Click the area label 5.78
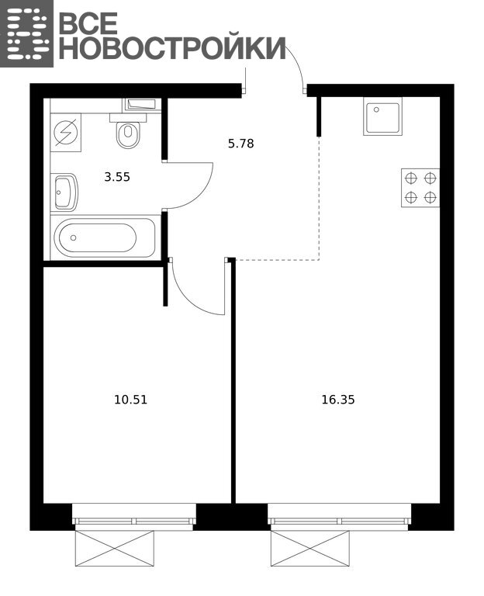pos(241,144)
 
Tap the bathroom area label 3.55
pos(117,177)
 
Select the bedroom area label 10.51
pos(130,400)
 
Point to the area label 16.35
pos(338,400)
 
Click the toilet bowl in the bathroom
pos(128,131)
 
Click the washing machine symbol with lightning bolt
pos(66,133)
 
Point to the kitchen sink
pos(382,116)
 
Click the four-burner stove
pos(420,188)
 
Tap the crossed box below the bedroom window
pos(115,549)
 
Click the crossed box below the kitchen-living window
pos(310,549)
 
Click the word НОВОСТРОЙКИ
pos(172,48)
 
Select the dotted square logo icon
pos(26,33)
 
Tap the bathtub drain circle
pos(74,237)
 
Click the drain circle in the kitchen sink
pos(376,109)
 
